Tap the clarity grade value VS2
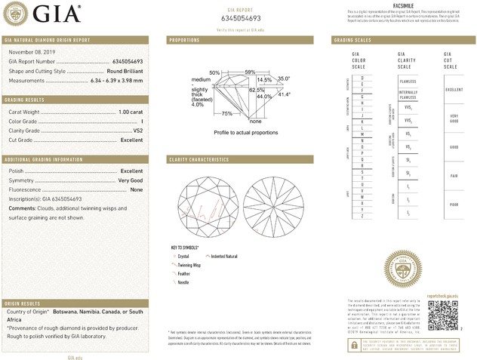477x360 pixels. [x=137, y=130]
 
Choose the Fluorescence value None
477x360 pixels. [x=137, y=189]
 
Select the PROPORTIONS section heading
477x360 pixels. [x=184, y=39]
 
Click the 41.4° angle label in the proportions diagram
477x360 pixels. [x=285, y=94]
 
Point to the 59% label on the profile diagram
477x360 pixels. [x=251, y=72]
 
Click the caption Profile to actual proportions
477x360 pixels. [x=246, y=133]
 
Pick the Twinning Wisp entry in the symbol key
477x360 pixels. [x=189, y=266]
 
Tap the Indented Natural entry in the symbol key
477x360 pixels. [x=227, y=257]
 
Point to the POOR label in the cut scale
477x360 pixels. [x=454, y=204]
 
